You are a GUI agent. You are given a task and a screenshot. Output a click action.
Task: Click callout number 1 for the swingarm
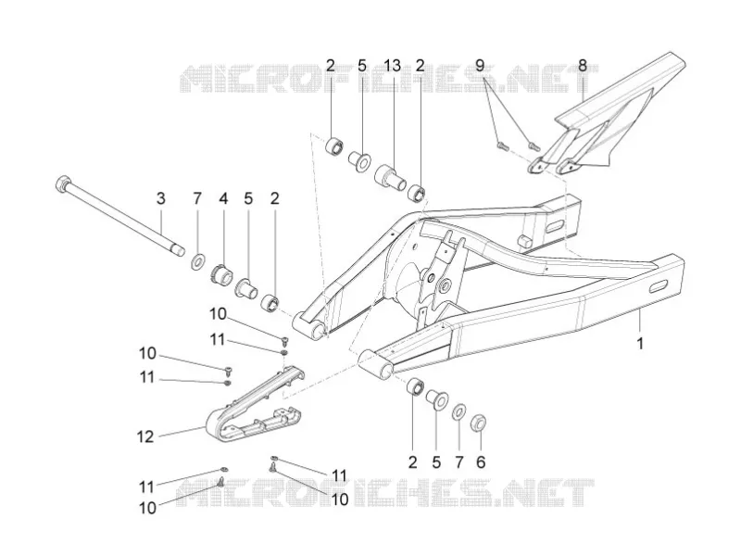(x=640, y=344)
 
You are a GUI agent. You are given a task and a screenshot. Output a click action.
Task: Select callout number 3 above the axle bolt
(x=160, y=198)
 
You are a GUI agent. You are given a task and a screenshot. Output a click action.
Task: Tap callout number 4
(x=223, y=198)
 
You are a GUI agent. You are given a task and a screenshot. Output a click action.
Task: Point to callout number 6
(x=481, y=461)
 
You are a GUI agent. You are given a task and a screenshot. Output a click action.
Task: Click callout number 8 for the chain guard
(x=583, y=65)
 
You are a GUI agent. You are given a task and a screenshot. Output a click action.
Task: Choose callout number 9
(x=480, y=65)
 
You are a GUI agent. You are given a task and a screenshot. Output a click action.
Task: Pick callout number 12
(x=145, y=436)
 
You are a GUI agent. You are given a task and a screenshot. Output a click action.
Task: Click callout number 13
(x=393, y=65)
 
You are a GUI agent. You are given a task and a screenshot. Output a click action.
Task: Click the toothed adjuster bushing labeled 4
(x=221, y=274)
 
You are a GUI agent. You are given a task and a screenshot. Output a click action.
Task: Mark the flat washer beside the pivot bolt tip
(x=197, y=261)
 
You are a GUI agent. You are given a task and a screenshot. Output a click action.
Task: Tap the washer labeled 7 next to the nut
(x=458, y=412)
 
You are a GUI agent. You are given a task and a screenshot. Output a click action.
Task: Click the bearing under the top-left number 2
(x=334, y=145)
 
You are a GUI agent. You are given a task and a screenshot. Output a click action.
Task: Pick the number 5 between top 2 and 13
(x=362, y=65)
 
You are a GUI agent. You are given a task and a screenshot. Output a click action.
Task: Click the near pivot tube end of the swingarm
(x=376, y=363)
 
